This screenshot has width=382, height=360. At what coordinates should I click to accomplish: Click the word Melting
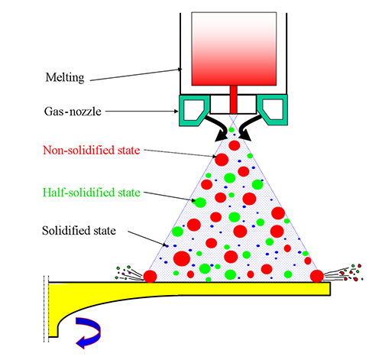tap(65, 77)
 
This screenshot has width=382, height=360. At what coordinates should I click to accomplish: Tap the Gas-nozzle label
tap(73, 112)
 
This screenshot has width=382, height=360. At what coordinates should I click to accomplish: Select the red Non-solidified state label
tap(92, 151)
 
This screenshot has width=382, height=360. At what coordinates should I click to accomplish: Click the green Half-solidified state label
tap(92, 193)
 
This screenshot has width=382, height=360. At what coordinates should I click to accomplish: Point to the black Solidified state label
tap(79, 231)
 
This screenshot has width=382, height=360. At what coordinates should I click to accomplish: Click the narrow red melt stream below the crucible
tap(234, 99)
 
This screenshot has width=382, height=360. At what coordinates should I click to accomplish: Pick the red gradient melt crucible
tap(234, 49)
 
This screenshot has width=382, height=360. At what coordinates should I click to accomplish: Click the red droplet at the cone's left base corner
tap(150, 276)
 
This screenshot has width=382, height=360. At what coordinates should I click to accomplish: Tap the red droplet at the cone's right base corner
tap(317, 276)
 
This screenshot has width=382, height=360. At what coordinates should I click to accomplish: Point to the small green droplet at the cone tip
tap(231, 130)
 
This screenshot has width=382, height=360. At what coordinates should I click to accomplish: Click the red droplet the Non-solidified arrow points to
tap(222, 160)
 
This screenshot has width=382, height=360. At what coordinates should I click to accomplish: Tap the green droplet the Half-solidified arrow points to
tap(200, 203)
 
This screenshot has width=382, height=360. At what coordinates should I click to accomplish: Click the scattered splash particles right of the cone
tap(344, 273)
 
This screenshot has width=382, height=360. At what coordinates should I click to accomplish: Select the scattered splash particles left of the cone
tap(129, 274)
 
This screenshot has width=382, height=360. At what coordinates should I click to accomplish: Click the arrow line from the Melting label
tap(136, 75)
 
